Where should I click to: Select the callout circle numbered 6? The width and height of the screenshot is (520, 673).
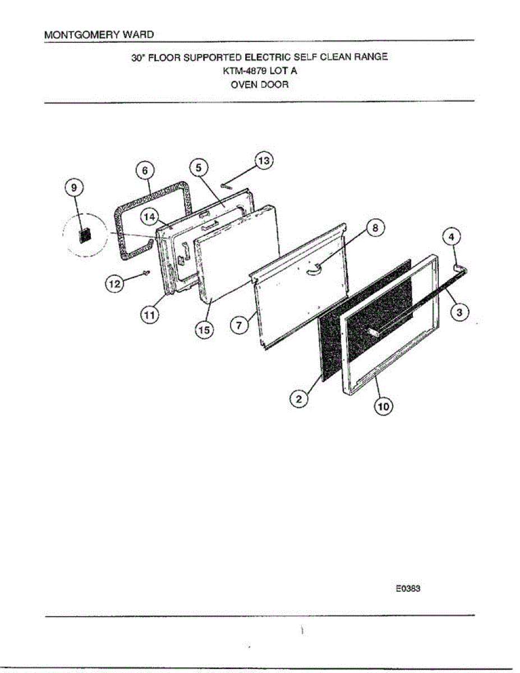point(144,170)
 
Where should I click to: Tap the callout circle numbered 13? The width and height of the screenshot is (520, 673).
point(263,161)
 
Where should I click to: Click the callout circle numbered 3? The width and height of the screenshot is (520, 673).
point(459,313)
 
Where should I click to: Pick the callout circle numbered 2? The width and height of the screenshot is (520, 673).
point(299,399)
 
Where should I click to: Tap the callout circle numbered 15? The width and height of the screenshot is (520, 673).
point(203,331)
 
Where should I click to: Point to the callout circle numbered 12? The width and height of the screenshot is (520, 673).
point(114,285)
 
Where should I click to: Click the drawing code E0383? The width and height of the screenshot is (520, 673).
point(408,589)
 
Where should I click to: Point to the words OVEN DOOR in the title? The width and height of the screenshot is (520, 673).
point(259,85)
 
